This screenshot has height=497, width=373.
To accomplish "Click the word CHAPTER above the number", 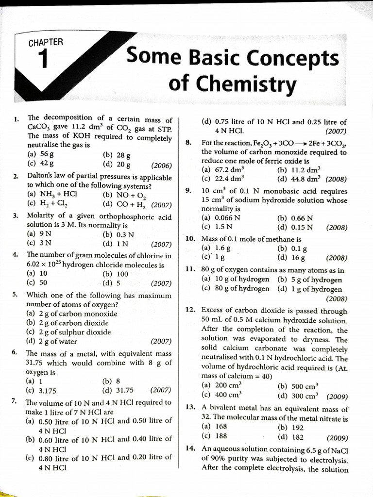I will point(46,42).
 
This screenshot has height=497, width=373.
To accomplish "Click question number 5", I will point(16,295).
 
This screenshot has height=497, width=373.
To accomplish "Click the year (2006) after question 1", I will point(162,165).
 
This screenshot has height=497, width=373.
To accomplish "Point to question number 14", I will point(190,448).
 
